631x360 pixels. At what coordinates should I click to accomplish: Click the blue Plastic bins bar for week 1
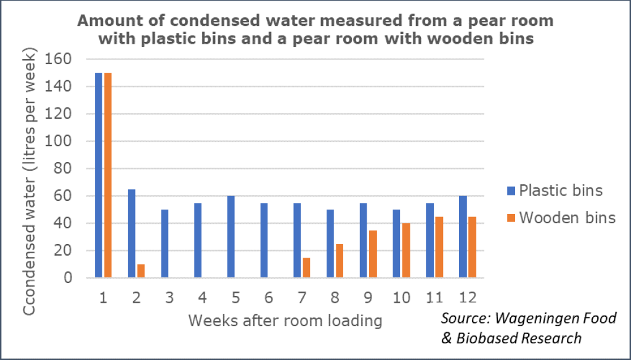click(99, 175)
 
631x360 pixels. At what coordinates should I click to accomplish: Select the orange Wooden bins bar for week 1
click(108, 175)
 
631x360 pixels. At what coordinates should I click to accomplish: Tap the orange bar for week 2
click(141, 271)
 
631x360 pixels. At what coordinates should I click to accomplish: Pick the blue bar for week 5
click(231, 237)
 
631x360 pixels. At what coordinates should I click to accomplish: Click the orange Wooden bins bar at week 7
click(307, 268)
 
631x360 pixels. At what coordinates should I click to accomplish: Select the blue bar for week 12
click(463, 237)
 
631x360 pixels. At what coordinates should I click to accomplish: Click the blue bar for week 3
click(165, 243)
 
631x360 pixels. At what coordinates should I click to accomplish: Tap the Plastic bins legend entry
click(552, 190)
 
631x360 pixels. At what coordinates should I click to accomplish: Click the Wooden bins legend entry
click(552, 218)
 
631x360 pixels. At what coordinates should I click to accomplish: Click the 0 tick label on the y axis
click(69, 278)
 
